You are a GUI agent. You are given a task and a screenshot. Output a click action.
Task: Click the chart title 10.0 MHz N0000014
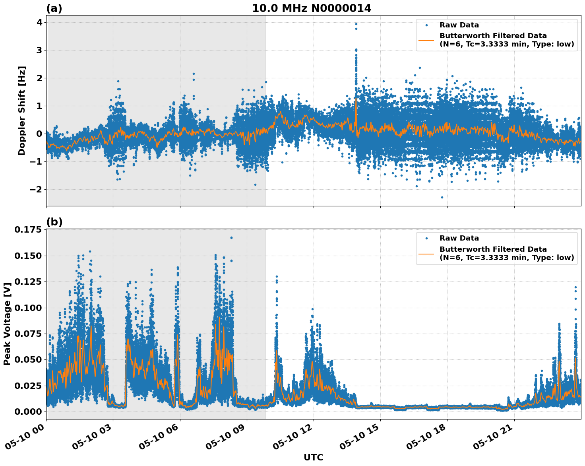tap(311, 8)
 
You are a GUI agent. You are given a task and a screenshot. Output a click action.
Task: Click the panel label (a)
tap(54, 8)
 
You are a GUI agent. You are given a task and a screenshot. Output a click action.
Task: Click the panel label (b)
tap(54, 222)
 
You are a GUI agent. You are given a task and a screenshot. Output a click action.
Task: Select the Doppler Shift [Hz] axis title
tap(22, 111)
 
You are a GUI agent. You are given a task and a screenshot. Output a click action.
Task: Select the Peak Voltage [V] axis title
tap(7, 324)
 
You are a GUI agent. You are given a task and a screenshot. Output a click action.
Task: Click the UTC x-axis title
tap(313, 457)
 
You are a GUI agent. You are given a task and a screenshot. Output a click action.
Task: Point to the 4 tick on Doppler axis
tap(39, 23)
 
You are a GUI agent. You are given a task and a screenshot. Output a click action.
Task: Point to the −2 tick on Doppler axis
tap(36, 189)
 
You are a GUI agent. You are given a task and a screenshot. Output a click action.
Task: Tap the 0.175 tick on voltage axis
tap(28, 230)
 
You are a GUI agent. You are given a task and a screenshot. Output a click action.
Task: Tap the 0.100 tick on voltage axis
tap(28, 308)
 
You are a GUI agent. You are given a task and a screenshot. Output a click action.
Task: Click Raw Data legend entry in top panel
tap(459, 25)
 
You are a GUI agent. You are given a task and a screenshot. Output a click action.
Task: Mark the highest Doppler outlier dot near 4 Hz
tap(356, 24)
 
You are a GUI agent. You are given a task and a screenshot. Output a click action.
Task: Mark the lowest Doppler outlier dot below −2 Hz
tap(442, 197)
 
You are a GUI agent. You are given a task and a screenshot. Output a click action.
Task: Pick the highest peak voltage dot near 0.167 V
tap(231, 238)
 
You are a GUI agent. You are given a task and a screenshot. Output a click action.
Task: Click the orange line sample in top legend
tap(426, 40)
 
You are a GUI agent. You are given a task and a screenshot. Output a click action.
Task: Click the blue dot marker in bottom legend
tap(426, 238)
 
